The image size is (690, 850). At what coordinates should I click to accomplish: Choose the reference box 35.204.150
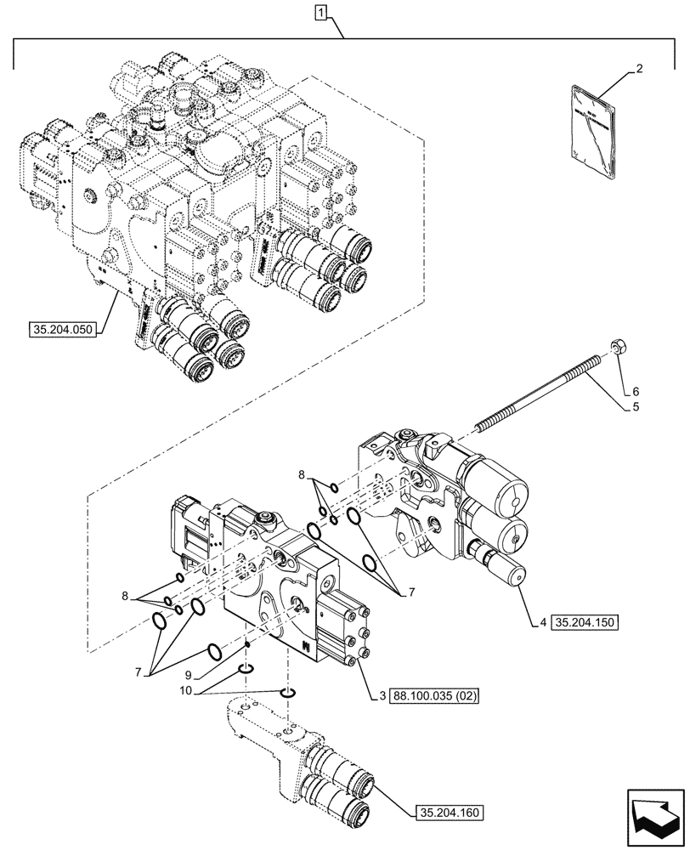click(x=585, y=622)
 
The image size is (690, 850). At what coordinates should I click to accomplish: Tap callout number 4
click(x=541, y=622)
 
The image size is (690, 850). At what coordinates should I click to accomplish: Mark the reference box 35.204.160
click(x=450, y=813)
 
